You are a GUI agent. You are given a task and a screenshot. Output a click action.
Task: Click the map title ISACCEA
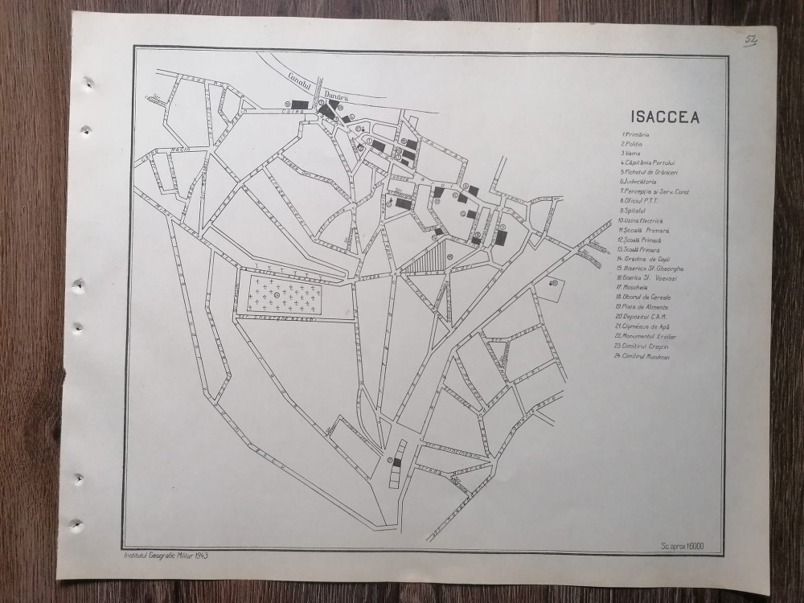665,117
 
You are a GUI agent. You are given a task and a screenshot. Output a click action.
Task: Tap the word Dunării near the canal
334,95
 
